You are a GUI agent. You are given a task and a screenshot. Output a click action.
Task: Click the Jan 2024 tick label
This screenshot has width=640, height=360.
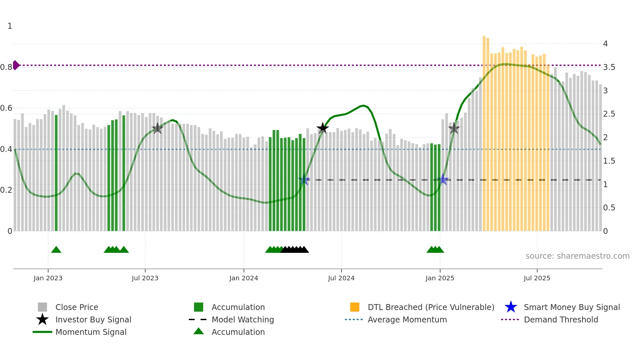244,278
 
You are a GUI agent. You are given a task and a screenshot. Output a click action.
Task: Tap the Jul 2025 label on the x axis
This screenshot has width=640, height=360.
537,278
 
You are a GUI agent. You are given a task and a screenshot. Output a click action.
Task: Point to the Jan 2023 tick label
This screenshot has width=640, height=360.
48,278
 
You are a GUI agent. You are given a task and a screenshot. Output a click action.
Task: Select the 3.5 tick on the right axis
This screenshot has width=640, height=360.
609,67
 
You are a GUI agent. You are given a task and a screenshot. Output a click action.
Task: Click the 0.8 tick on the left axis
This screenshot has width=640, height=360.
6,67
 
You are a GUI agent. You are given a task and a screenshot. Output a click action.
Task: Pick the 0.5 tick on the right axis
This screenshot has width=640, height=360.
609,208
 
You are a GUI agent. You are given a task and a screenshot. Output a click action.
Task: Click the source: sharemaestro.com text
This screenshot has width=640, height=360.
577,256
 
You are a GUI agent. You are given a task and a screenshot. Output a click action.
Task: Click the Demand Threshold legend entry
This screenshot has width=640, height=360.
561,320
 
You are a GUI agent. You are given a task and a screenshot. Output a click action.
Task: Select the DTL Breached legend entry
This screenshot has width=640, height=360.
431,307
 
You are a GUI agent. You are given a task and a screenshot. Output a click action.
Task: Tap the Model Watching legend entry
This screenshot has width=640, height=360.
243,320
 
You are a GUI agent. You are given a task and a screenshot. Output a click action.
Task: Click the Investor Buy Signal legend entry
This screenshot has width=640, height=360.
93,320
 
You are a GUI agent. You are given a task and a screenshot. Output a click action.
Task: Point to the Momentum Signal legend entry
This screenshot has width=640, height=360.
91,332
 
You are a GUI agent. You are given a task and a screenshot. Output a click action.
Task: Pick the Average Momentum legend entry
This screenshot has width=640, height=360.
407,320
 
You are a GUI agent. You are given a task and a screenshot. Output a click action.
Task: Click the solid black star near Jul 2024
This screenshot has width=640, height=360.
323,128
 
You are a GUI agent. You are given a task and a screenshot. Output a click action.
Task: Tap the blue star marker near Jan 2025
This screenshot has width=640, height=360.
443,179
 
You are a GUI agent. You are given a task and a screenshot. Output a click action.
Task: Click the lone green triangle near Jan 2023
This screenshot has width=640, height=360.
56,250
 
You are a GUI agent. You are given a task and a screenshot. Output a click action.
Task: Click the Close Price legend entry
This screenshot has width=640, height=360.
77,307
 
